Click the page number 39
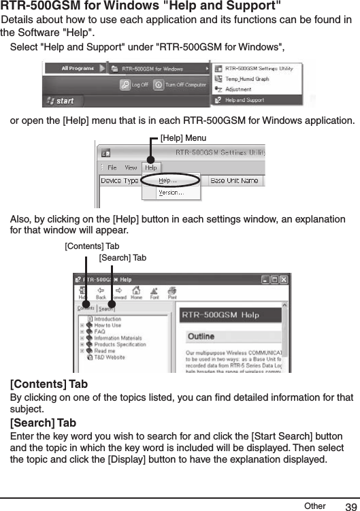[x=350, y=507]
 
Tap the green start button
[x=61, y=101]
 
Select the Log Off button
[x=135, y=85]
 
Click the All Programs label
[x=78, y=69]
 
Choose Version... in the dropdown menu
[x=170, y=193]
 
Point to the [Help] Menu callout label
[x=182, y=137]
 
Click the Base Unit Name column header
[x=235, y=180]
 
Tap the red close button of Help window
[x=284, y=280]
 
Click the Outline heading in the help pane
[x=201, y=337]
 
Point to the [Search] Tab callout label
[x=122, y=258]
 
